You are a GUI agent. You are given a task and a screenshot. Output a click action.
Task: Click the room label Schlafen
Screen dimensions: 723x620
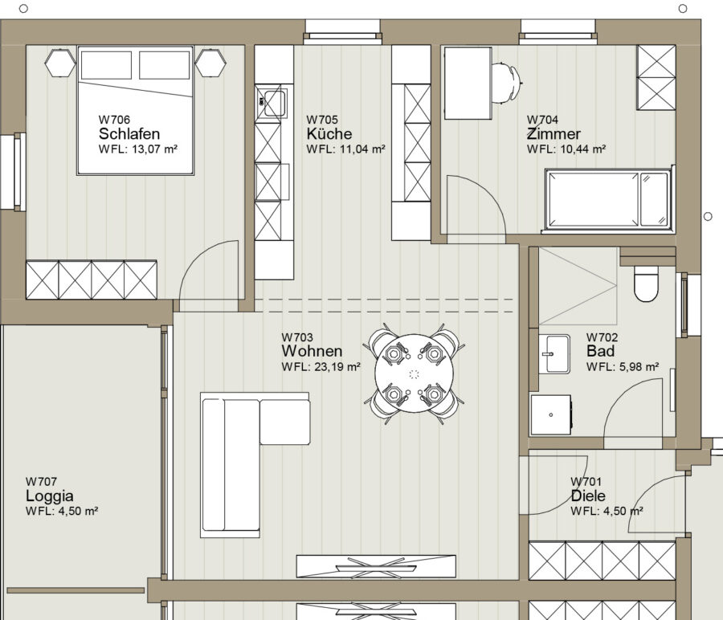[129, 133]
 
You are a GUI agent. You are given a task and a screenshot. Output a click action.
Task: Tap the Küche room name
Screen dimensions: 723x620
[329, 133]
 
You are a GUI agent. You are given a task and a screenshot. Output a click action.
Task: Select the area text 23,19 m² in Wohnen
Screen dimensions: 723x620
[337, 367]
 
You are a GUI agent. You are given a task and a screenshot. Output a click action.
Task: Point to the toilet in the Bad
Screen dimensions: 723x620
[646, 283]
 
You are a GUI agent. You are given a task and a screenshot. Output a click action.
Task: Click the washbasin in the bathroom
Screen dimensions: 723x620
[554, 354]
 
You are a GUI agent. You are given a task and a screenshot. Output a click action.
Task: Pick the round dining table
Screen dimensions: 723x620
[414, 373]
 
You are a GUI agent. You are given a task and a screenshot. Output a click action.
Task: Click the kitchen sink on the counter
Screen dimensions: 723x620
[272, 103]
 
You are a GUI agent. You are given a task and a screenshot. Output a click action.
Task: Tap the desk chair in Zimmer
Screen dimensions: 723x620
[506, 83]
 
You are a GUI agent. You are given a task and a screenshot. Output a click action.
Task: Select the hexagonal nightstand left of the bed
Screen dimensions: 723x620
[60, 63]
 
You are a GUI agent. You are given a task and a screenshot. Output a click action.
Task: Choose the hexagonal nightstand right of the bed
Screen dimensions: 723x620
[210, 63]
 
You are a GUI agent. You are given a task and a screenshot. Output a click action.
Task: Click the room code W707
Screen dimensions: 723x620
[42, 482]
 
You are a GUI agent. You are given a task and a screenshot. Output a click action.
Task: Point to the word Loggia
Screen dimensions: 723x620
[50, 496]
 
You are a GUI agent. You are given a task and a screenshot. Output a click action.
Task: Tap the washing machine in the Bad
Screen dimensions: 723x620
[551, 414]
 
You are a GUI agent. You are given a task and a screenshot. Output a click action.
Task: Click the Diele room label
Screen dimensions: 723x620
[588, 496]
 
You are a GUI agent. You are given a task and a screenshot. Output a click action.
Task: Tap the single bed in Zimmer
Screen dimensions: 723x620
[609, 200]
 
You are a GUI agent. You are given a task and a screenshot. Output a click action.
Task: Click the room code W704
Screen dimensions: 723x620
[543, 120]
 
